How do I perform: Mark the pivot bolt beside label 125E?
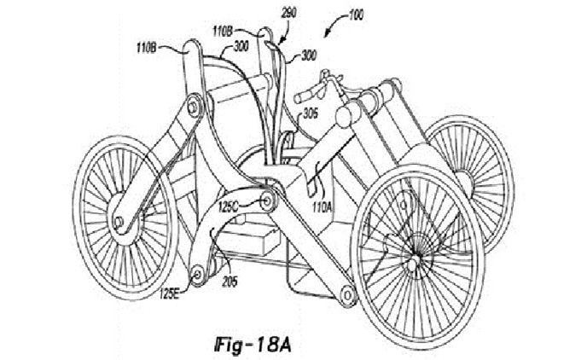click(x=197, y=274)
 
